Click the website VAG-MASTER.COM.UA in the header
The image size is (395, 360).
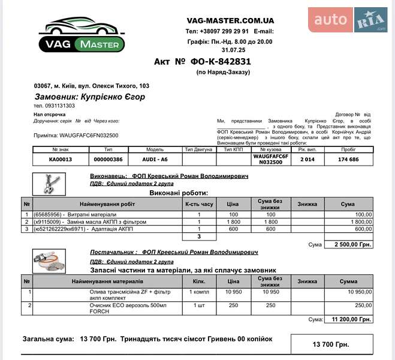tap(230, 20)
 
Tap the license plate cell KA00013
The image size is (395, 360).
tap(60, 160)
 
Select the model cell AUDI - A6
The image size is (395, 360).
tap(155, 160)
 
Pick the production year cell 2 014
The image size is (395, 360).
tap(307, 160)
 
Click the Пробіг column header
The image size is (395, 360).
tap(348, 149)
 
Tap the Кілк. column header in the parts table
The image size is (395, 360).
tap(200, 281)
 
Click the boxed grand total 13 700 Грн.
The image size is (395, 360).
tap(331, 344)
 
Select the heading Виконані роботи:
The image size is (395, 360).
tap(178, 193)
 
